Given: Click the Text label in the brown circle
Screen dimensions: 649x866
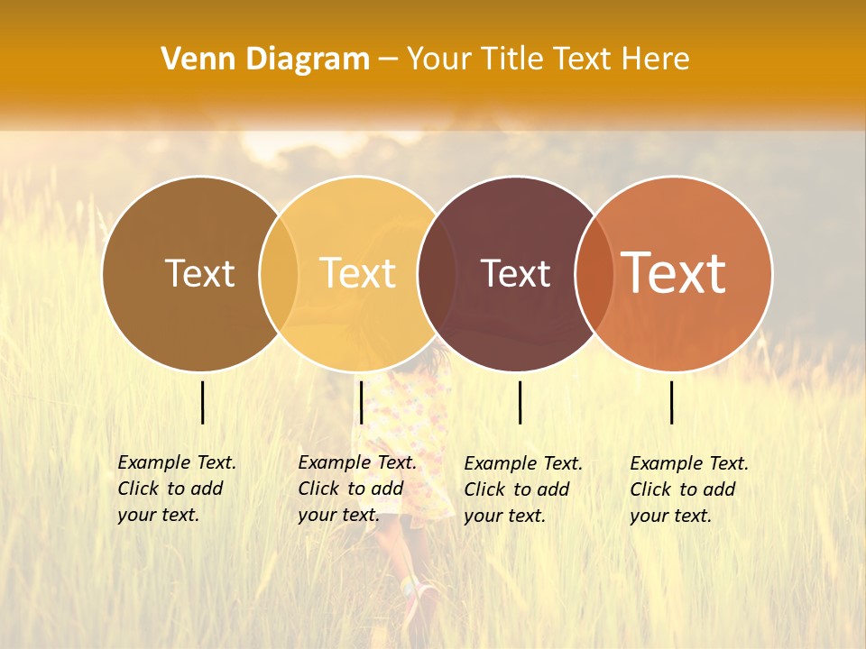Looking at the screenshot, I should [x=199, y=273].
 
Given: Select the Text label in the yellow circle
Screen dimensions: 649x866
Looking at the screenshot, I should [x=358, y=273].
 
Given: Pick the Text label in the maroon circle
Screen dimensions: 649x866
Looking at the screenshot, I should [x=516, y=273].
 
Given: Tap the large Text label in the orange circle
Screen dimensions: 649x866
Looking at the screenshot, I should [x=674, y=272].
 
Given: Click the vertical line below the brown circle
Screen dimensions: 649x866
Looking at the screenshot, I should [x=202, y=402].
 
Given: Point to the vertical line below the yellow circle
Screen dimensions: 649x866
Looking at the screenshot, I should [x=361, y=402].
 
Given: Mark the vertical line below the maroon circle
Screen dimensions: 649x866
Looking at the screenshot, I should [x=520, y=402].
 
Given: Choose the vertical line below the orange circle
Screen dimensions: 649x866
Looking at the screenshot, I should [x=672, y=402].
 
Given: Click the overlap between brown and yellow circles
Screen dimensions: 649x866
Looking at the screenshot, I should [x=279, y=273].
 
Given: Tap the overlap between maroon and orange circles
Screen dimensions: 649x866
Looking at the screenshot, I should [x=594, y=273].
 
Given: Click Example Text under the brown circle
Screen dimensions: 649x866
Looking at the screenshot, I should [x=177, y=463].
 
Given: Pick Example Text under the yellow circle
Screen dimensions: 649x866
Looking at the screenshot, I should [x=357, y=463].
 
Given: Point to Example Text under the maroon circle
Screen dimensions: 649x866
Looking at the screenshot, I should [x=523, y=464].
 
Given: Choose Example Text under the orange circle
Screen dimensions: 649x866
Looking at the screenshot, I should [x=689, y=464].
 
